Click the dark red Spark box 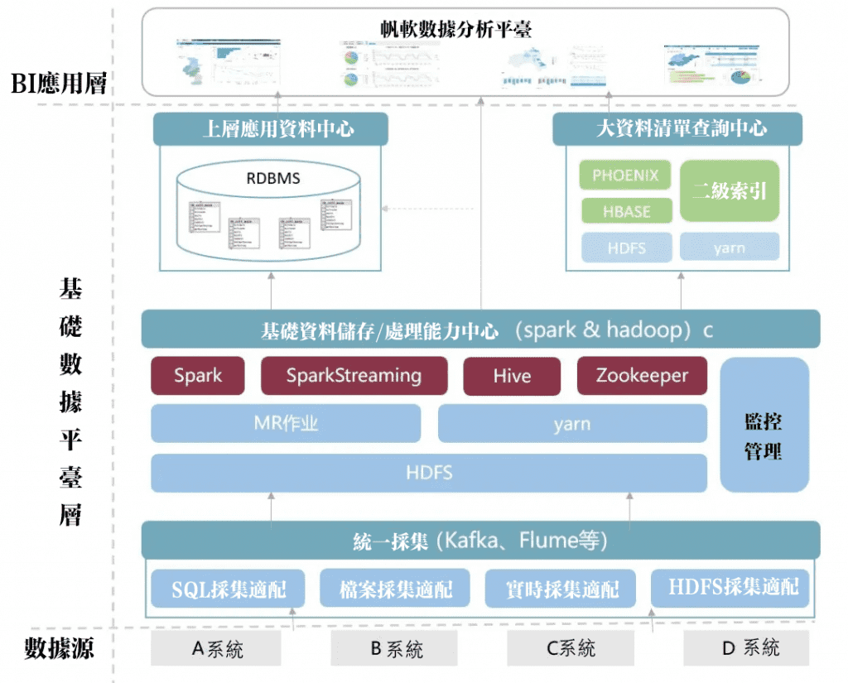[198, 376]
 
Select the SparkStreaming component [354, 376]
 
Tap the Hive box [512, 376]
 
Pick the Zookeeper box [642, 376]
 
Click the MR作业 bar [286, 424]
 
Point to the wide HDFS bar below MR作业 [429, 473]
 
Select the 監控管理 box [764, 425]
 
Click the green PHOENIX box [626, 176]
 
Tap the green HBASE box [626, 212]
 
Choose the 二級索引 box [729, 191]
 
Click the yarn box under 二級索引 [729, 248]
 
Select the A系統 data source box [216, 648]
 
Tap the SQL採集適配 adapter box [229, 589]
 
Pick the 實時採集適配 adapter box [561, 589]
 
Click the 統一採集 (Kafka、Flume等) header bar [480, 541]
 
